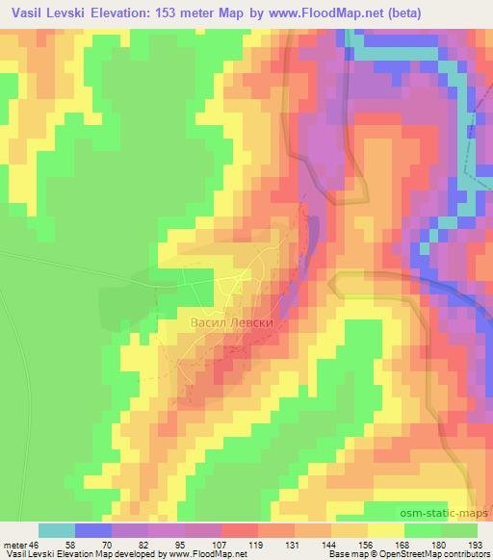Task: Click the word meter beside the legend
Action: point(16,545)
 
